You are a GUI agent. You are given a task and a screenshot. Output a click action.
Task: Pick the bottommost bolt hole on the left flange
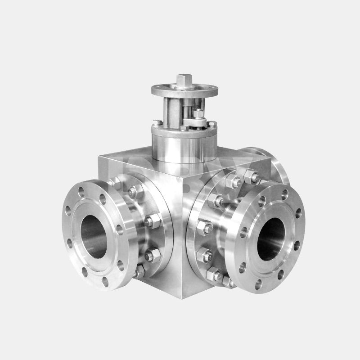[x=105, y=282]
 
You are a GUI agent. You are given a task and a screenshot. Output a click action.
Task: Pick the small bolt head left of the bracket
[x=156, y=122]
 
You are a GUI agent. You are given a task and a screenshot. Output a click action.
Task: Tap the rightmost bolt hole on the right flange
[x=297, y=246]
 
